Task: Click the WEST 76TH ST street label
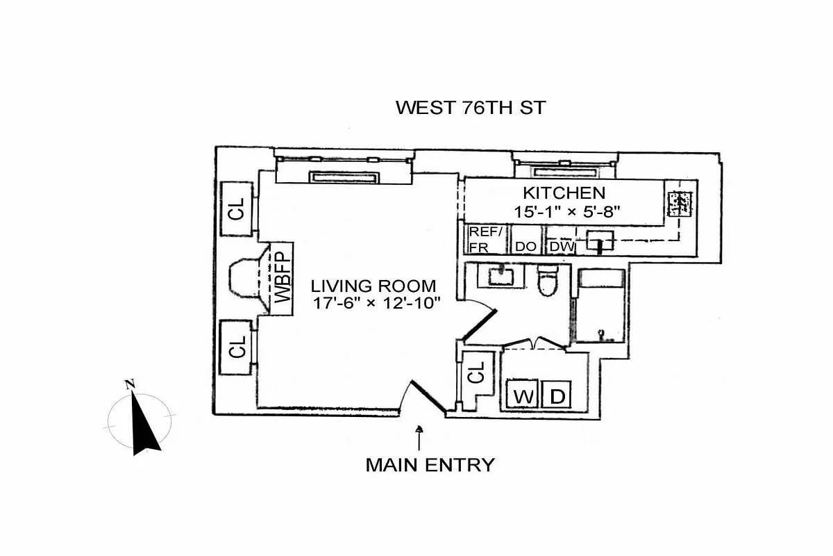point(471,108)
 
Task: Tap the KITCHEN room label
point(564,193)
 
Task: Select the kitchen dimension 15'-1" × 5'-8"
point(564,212)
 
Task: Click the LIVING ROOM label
point(373,286)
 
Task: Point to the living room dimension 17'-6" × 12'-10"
point(373,304)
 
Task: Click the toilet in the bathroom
point(548,281)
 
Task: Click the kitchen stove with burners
point(677,203)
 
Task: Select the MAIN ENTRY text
point(430,464)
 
